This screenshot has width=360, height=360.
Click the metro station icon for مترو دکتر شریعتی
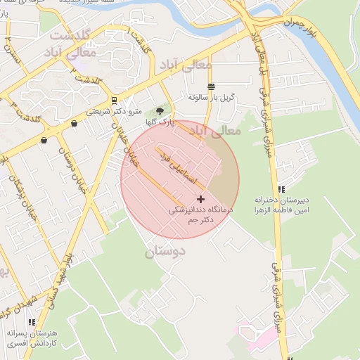pyautogui.click(x=114, y=101)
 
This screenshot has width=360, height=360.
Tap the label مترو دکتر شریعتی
pyautogui.click(x=114, y=111)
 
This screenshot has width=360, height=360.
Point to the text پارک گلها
pyautogui.click(x=161, y=122)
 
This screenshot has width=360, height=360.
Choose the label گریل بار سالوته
pyautogui.click(x=210, y=97)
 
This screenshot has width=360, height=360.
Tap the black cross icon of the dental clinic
pyautogui.click(x=200, y=200)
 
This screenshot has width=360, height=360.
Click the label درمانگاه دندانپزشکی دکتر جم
pyautogui.click(x=198, y=215)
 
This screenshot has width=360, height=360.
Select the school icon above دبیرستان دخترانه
pyautogui.click(x=281, y=189)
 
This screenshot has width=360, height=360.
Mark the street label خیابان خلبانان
pyautogui.click(x=121, y=138)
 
